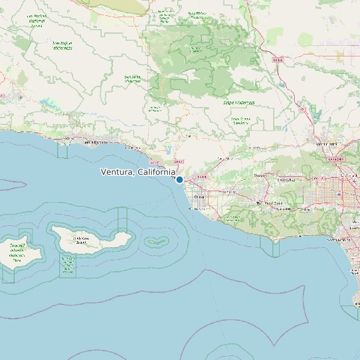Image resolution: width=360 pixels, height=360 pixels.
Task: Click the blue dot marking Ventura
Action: (x=179, y=179)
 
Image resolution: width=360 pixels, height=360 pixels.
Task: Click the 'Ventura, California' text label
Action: (x=137, y=172)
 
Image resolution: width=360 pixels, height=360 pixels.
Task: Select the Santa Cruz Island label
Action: (x=82, y=239)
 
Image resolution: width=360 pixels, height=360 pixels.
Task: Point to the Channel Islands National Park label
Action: (x=17, y=253)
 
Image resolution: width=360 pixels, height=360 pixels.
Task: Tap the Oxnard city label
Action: (x=199, y=197)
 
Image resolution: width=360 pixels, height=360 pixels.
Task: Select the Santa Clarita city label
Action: (x=326, y=143)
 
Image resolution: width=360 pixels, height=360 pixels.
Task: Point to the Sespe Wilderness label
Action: (x=238, y=103)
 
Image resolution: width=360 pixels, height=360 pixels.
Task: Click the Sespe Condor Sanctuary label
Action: (x=240, y=121)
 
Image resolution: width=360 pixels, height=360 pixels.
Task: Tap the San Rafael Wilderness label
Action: (x=62, y=46)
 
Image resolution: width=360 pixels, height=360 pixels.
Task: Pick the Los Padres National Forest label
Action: (x=37, y=19)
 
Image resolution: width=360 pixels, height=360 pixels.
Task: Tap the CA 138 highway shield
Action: (x=278, y=60)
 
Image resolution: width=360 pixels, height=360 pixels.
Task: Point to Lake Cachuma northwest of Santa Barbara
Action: (x=48, y=104)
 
